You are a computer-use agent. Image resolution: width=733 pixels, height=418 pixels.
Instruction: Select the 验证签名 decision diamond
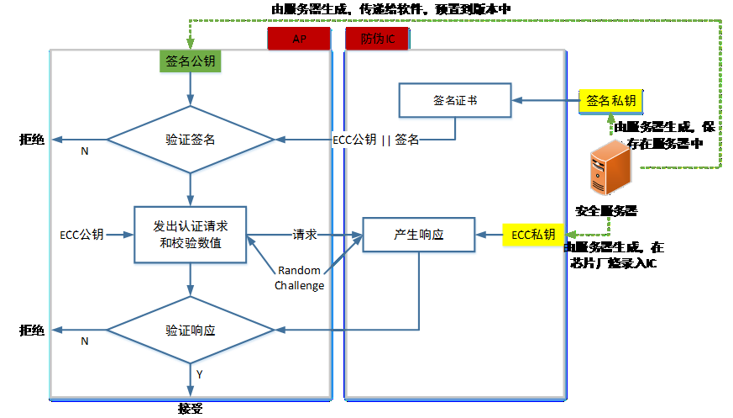[191, 139]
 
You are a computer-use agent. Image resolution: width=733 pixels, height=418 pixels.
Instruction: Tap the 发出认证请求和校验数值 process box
[191, 235]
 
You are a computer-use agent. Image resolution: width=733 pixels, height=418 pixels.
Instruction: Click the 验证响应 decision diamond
[191, 330]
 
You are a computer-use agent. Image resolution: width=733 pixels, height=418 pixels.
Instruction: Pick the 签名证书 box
[454, 100]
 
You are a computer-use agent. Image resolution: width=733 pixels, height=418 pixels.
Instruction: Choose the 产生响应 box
[418, 235]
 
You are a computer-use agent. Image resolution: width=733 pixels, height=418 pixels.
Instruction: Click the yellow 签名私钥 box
[610, 100]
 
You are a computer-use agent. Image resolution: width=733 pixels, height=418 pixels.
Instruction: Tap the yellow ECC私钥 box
[533, 235]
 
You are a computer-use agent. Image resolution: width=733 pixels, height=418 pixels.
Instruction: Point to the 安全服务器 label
[606, 210]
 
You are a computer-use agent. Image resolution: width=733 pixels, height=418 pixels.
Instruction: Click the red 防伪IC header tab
[377, 39]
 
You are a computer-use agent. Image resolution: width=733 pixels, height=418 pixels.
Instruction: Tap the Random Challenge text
[300, 278]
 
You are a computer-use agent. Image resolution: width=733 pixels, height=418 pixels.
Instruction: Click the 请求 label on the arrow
[304, 235]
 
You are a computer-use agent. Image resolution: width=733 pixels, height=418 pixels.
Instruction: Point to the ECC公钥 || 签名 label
[375, 139]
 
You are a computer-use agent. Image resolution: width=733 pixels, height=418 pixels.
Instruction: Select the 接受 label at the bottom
[191, 410]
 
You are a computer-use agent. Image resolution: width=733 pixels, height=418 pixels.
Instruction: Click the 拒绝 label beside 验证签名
[32, 139]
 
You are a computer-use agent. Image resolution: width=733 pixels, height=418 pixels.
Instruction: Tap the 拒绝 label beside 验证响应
[32, 330]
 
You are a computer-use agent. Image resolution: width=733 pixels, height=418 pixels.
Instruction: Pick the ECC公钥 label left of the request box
[82, 235]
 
